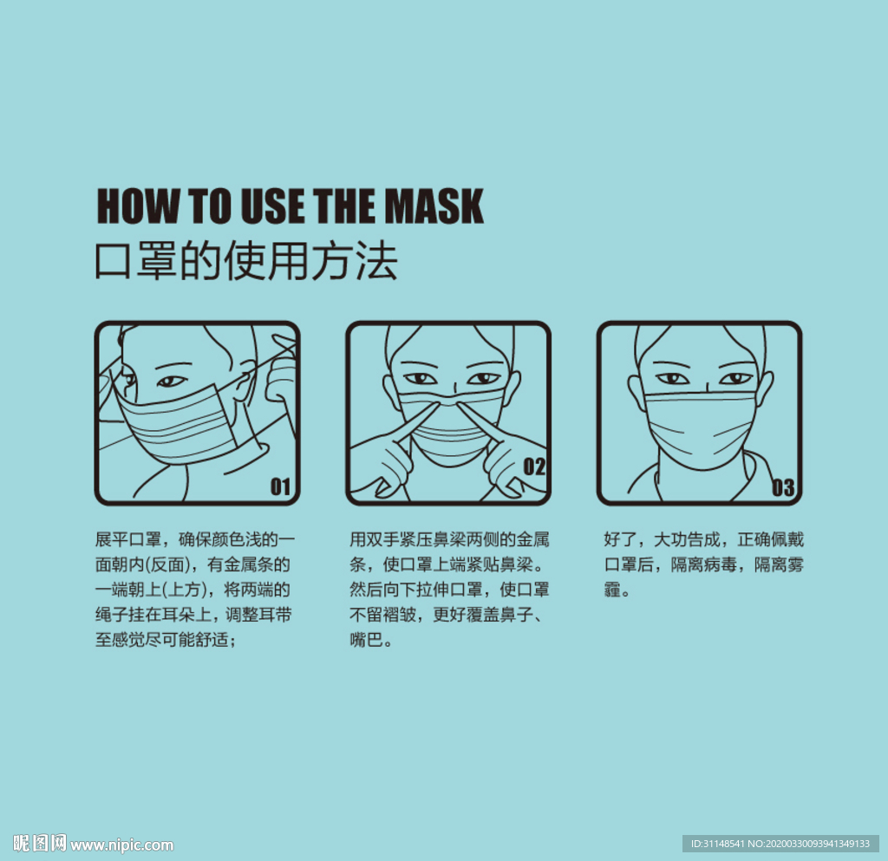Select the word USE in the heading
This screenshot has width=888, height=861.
click(273, 206)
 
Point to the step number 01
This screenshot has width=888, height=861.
click(280, 486)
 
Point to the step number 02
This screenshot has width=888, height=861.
click(534, 466)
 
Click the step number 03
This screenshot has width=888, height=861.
click(783, 487)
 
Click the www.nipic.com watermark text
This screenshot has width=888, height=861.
click(122, 845)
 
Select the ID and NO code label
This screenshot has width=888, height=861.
click(780, 844)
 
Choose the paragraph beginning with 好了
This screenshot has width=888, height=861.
click(703, 564)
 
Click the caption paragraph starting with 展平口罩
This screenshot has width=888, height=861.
click(195, 590)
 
